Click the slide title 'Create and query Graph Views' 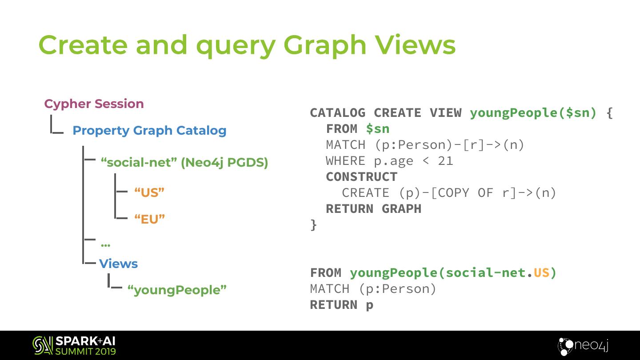(247, 45)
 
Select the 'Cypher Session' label (94, 104)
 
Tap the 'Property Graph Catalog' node (149, 131)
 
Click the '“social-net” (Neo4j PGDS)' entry (184, 163)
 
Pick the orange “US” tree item (149, 193)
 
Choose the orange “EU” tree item (149, 219)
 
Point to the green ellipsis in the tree (105, 244)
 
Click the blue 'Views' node (118, 264)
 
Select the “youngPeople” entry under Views (177, 290)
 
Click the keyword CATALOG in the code (337, 113)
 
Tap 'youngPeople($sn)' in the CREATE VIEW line (533, 113)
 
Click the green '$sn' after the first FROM (377, 129)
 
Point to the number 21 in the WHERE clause (445, 161)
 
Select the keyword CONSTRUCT (361, 177)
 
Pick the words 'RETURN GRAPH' (373, 209)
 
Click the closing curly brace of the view (314, 224)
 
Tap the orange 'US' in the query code (541, 273)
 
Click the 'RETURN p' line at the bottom (341, 305)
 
